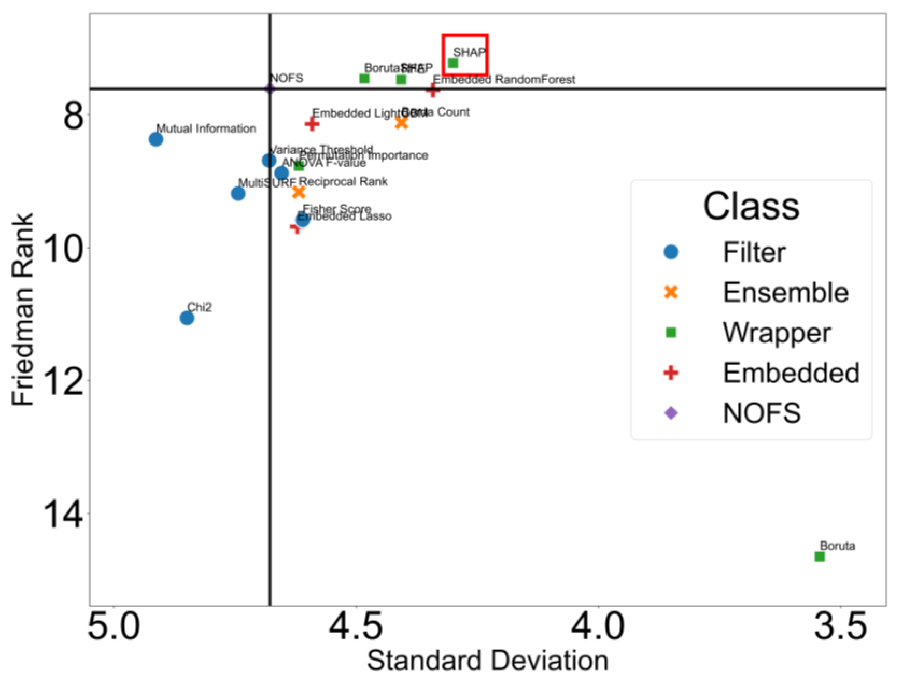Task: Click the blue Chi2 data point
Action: pos(187,318)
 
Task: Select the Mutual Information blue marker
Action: pos(156,139)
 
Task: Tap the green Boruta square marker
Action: pos(820,556)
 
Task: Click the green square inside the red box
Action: pos(453,63)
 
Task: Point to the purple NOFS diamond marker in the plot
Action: pos(269,88)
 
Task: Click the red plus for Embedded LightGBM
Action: pos(312,124)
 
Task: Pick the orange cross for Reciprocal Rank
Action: pos(299,192)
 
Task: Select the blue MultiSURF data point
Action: pos(238,193)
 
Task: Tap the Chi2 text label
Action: pos(200,307)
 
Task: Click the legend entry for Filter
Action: pos(754,252)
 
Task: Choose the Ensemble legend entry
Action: pos(785,293)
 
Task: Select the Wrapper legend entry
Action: pos(777,333)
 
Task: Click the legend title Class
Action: pos(751,207)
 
